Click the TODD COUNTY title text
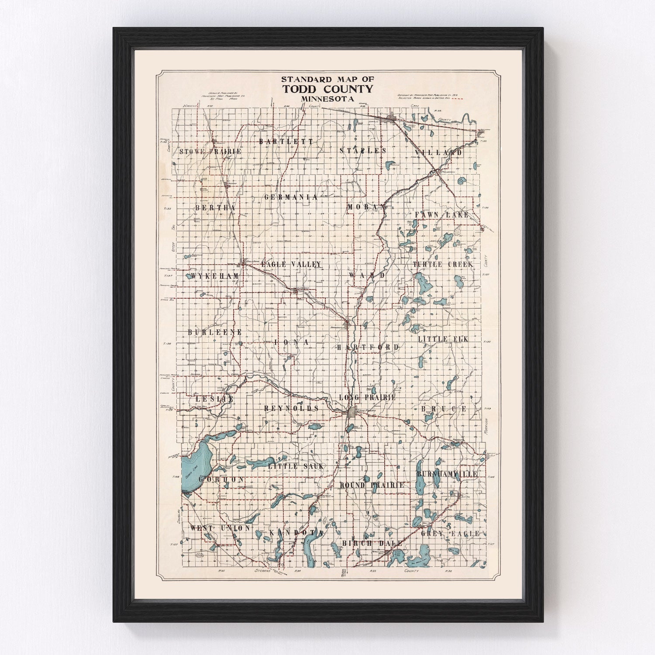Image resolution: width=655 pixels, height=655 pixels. (x=327, y=89)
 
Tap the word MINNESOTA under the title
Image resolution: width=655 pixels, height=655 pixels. (x=327, y=99)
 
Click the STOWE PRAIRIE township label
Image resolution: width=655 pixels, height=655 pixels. (x=210, y=152)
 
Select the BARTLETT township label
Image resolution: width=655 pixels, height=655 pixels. (x=286, y=141)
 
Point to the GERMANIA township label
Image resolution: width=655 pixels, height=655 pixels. (x=291, y=197)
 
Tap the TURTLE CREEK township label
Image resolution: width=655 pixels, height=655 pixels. (x=443, y=265)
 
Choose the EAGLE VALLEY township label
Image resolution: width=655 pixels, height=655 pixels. (x=291, y=265)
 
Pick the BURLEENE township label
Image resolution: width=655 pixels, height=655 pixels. (x=215, y=332)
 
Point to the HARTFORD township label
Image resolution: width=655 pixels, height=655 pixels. (x=368, y=348)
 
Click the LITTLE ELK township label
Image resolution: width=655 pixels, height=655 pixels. (x=443, y=339)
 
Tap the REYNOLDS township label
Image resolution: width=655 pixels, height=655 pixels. (x=291, y=408)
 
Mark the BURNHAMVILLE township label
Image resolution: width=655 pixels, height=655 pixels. (x=447, y=474)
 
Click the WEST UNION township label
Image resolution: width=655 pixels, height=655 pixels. (x=220, y=528)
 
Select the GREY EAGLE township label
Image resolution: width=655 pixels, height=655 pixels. (x=450, y=534)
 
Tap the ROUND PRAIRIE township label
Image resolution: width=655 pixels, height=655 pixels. (x=372, y=485)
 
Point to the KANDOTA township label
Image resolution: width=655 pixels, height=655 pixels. (x=296, y=533)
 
